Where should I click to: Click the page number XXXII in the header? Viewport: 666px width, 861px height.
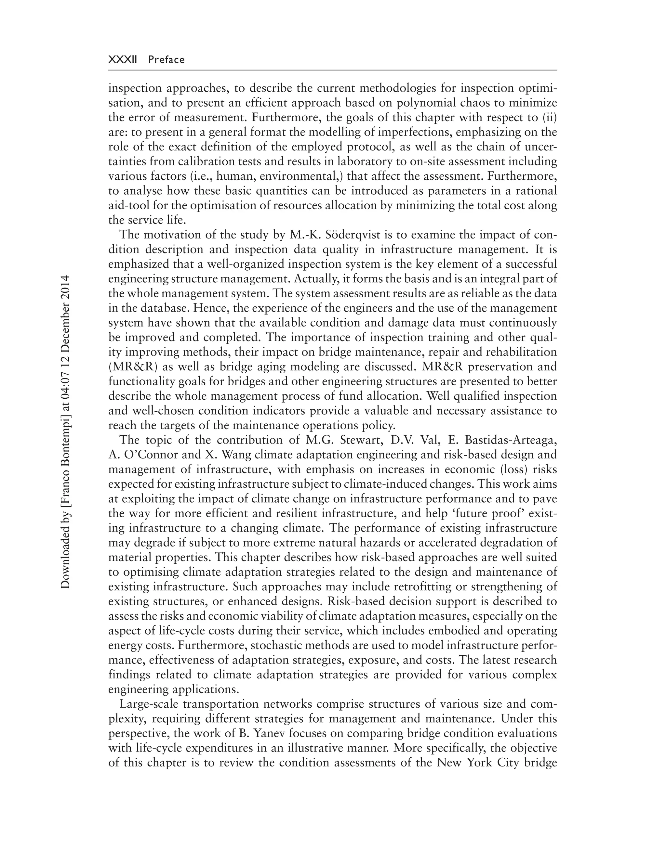[122, 59]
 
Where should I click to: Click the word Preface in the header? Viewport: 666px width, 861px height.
[166, 59]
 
